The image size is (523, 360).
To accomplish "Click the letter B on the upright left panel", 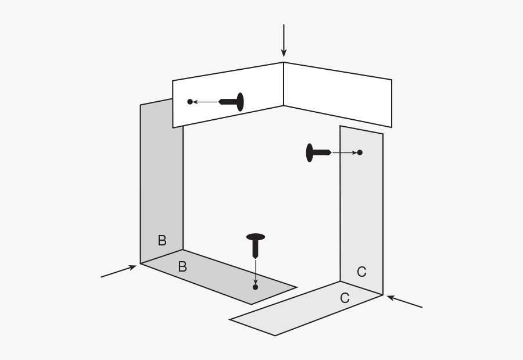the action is pyautogui.click(x=162, y=240).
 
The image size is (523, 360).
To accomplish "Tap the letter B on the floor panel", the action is pyautogui.click(x=182, y=266).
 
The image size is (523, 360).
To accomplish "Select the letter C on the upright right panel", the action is pyautogui.click(x=361, y=272).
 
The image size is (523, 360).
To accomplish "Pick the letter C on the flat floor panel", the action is pyautogui.click(x=345, y=298).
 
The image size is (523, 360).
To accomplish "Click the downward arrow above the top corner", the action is pyautogui.click(x=284, y=40).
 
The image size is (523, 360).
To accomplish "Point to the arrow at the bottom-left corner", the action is pyautogui.click(x=119, y=271).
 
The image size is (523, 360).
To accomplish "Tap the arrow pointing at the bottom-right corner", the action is pyautogui.click(x=404, y=302).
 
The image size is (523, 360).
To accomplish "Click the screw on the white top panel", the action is pyautogui.click(x=231, y=102).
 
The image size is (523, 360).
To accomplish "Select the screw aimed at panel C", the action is pyautogui.click(x=319, y=152).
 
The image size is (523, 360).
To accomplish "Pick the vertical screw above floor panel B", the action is pyautogui.click(x=256, y=246).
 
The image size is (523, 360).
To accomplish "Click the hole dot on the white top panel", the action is pyautogui.click(x=190, y=102).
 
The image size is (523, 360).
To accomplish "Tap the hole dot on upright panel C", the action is pyautogui.click(x=360, y=152).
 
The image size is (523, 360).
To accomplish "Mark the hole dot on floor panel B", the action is pyautogui.click(x=256, y=287).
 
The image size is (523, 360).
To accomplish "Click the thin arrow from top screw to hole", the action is pyautogui.click(x=206, y=102).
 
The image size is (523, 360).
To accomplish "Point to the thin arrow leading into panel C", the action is pyautogui.click(x=345, y=152).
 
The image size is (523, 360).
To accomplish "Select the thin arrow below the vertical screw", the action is pyautogui.click(x=256, y=272).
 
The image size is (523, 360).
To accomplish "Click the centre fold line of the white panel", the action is pyautogui.click(x=284, y=84).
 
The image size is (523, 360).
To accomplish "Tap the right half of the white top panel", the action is pyautogui.click(x=338, y=95).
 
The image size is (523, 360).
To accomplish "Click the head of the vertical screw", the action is pyautogui.click(x=256, y=237).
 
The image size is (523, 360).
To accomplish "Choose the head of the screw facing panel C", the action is pyautogui.click(x=310, y=152).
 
